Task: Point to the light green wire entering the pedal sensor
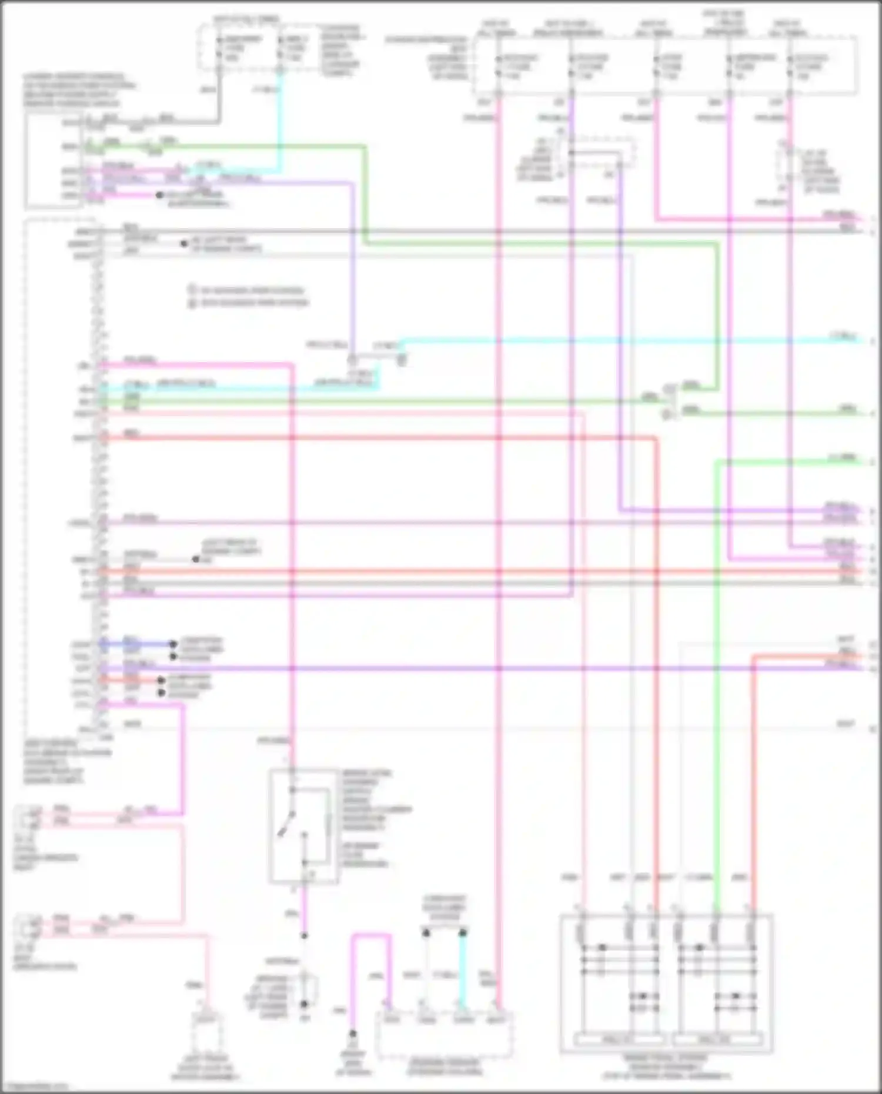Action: [717, 764]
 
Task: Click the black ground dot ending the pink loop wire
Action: [353, 1033]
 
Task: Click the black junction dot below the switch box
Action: [305, 935]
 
